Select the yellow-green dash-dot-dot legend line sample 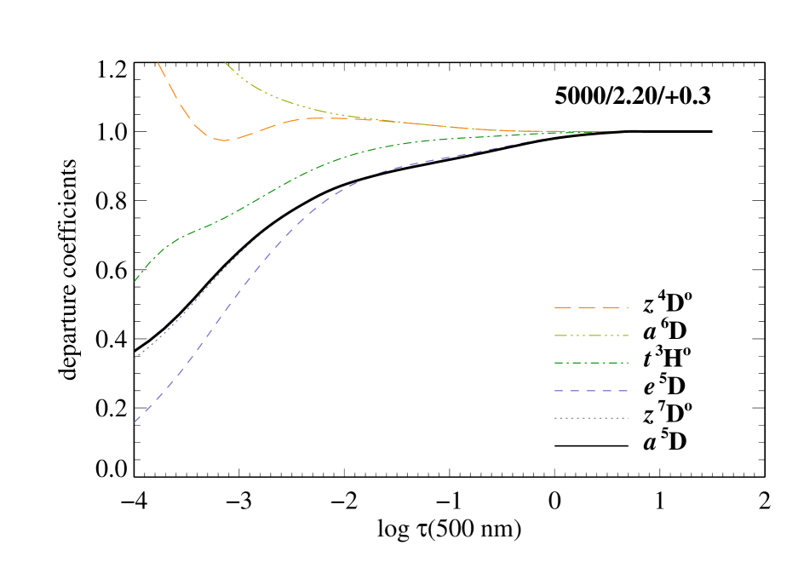pos(590,335)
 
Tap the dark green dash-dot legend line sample pos(590,363)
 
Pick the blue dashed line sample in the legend pos(590,391)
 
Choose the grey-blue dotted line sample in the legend pos(590,418)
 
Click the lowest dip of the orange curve pos(224,140)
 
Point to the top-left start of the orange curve pos(159,62)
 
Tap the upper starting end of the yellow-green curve pos(225,62)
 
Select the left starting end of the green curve pos(135,281)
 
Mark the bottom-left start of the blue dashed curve pos(135,421)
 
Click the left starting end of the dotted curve pos(135,358)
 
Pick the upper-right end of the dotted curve pos(271,227)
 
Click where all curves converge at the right pos(609,132)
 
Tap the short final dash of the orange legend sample pos(625,307)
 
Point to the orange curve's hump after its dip pos(311,118)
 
